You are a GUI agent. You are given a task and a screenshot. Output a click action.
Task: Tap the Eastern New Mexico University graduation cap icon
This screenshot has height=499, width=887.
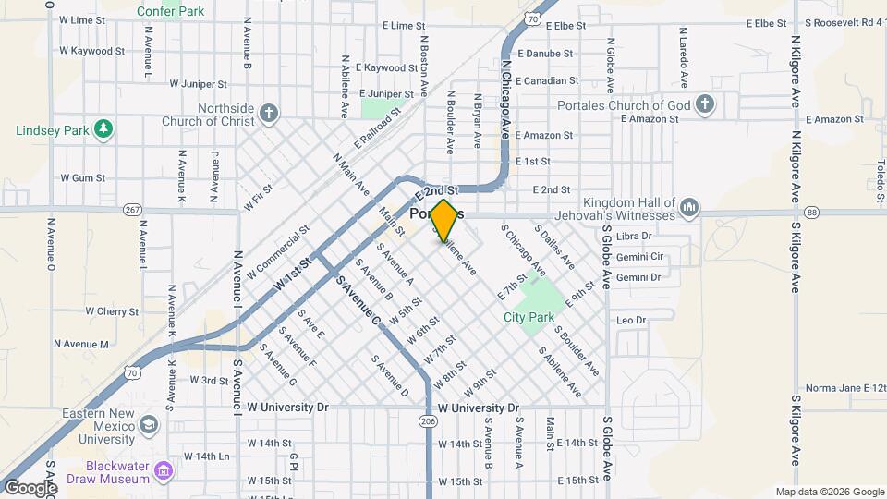[147, 424]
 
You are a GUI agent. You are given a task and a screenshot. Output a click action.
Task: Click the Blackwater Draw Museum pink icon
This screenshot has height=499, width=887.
[164, 472]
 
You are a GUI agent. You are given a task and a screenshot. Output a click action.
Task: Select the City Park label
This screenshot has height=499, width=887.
[529, 317]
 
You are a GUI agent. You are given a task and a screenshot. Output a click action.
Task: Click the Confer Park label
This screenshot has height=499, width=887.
[170, 11]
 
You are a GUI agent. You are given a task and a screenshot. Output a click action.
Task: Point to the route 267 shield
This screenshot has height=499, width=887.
[132, 211]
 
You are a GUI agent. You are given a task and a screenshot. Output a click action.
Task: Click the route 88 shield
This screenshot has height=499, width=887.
[811, 213]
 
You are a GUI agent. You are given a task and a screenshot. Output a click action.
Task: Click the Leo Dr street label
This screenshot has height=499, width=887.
[630, 320]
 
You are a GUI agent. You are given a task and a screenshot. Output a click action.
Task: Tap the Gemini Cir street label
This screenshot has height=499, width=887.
[639, 256]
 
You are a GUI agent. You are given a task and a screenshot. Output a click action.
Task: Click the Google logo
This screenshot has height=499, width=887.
[30, 488]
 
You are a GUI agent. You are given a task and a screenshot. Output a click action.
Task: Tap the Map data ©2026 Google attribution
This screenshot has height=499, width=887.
[829, 492]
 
